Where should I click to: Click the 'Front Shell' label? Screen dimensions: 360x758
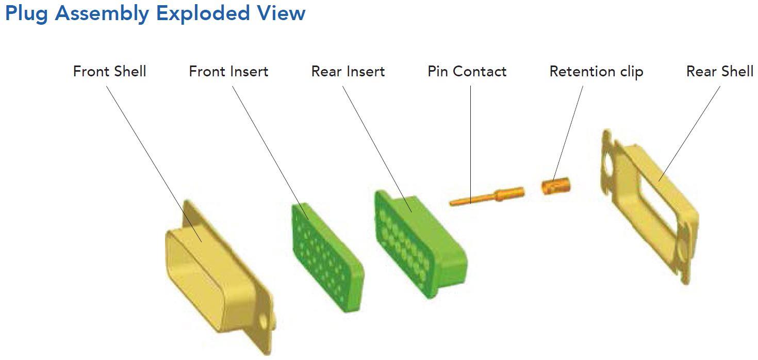coord(109,71)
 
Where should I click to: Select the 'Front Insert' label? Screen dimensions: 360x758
coord(228,71)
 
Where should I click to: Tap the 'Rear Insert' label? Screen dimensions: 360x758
coord(348,71)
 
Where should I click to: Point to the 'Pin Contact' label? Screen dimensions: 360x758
coord(467,71)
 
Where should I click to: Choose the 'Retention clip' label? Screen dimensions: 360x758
coord(596,72)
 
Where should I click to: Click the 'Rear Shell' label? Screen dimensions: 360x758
coord(719,71)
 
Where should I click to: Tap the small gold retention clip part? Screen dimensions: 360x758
coord(555,186)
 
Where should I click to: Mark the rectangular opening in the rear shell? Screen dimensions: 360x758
coord(652,206)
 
